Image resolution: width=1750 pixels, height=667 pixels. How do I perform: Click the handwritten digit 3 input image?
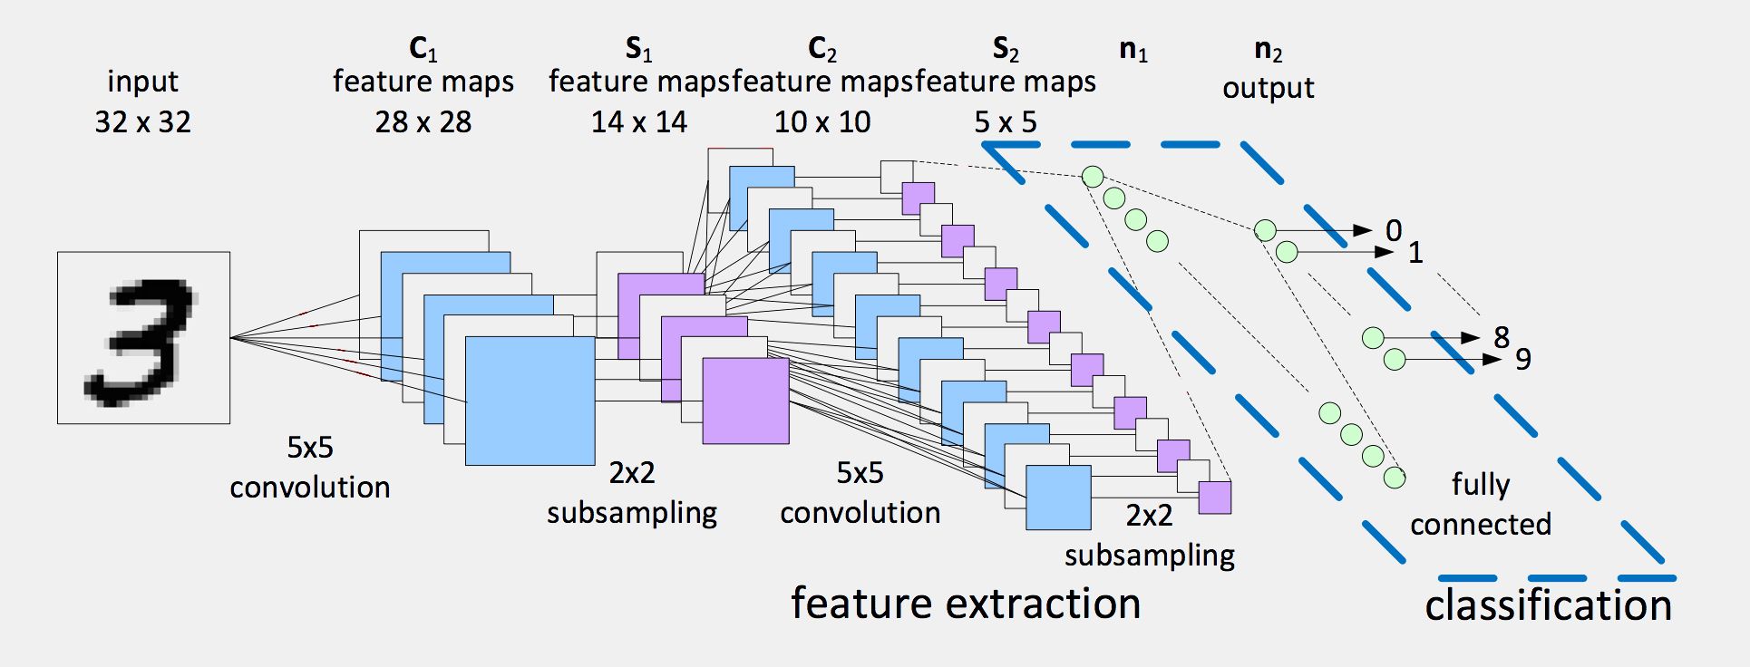143,338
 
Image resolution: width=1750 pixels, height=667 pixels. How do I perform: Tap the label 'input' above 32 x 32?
142,82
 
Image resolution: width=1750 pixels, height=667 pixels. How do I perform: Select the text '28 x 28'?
423,122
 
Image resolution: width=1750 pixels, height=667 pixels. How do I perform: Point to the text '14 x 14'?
639,122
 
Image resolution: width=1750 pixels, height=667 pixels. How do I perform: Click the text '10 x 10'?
822,122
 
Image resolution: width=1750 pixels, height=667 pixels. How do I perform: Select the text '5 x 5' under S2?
1006,122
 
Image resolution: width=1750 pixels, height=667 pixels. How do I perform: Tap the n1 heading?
1133,50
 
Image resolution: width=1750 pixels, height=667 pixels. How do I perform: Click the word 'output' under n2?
1268,89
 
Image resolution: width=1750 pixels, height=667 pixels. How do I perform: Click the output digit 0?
1394,231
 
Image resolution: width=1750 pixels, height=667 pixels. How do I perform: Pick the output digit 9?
1523,360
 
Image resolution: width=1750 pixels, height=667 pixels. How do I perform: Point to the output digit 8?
1502,338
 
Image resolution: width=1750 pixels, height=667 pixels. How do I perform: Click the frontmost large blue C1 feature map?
530,401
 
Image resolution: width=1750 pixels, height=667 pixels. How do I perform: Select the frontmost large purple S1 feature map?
745,401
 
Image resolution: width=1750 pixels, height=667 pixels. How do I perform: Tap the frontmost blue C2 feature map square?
1058,498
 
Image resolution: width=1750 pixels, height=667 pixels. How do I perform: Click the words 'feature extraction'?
966,604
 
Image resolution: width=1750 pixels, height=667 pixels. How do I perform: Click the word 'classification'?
1548,605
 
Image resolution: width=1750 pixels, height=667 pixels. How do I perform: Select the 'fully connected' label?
1480,504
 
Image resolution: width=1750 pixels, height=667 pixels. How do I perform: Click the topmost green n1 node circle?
1093,177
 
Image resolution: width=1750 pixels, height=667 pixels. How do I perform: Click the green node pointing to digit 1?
1287,252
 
